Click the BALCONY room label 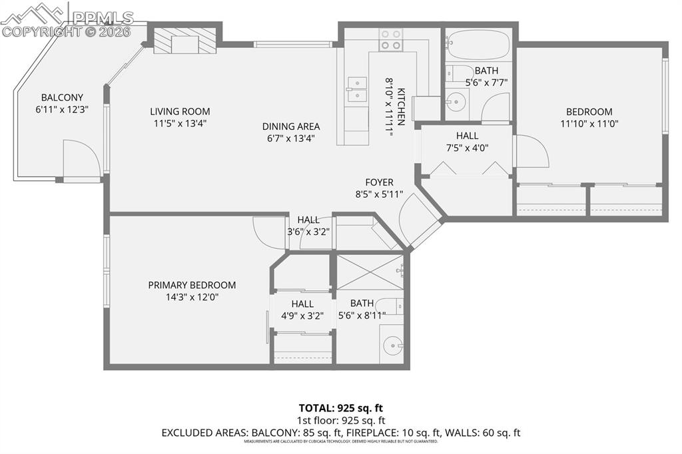tap(62, 97)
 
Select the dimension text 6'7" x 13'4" tap(290, 138)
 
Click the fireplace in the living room tap(184, 41)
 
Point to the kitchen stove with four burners tap(391, 39)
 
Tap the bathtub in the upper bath tap(477, 45)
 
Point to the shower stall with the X tap(370, 272)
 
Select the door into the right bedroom tap(531, 152)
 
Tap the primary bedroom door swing tap(270, 232)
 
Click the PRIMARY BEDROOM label tap(192, 285)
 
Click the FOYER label tap(379, 182)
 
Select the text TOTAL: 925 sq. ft tap(341, 407)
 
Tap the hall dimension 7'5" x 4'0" tap(467, 148)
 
